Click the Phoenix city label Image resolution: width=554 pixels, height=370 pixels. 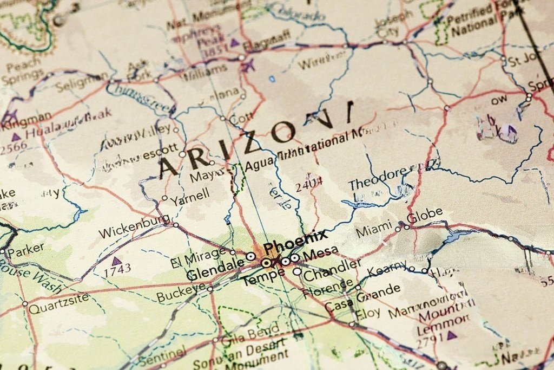coord(295,242)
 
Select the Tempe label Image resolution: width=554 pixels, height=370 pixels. coord(262,279)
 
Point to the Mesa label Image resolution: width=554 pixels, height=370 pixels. coord(321,252)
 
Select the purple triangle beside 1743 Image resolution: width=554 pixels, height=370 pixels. coord(115,261)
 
